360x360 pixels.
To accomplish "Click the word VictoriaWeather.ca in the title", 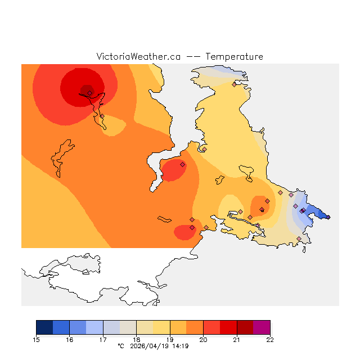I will [138, 57].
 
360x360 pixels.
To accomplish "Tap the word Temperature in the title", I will [234, 57].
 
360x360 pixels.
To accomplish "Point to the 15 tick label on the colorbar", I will [37, 340].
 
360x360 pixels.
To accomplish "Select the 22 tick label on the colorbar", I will [270, 340].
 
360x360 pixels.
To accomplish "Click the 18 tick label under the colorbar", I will [137, 340].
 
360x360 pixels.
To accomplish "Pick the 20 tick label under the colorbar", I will [203, 340].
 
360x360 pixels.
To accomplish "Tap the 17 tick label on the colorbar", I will [103, 340].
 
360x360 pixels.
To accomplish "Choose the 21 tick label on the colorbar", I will [237, 340].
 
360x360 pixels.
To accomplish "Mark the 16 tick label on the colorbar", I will [70, 340].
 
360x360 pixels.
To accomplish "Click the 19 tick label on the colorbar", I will [170, 340].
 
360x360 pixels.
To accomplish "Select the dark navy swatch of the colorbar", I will [44, 327].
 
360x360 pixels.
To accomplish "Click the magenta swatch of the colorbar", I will [262, 327].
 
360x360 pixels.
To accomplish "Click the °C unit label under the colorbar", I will [120, 346].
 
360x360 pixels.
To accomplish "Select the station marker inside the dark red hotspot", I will [89, 93].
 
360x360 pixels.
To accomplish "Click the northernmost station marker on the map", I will [234, 85].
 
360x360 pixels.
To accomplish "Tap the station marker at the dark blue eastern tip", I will [304, 210].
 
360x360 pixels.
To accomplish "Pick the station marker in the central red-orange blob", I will [182, 164].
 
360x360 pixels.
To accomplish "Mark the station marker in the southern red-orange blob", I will [192, 227].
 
